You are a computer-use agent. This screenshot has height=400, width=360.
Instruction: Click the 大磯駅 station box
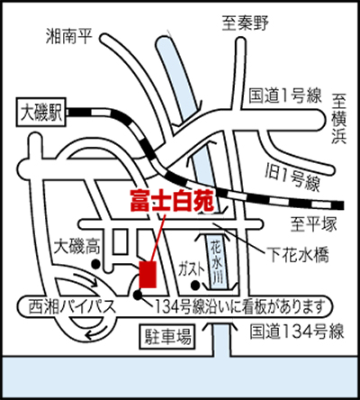pyautogui.click(x=41, y=113)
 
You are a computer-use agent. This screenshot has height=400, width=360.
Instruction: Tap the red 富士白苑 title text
pyautogui.click(x=172, y=201)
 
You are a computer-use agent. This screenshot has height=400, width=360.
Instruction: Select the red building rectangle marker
pyautogui.click(x=148, y=275)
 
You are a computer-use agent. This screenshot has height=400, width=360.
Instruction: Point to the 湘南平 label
pyautogui.click(x=69, y=36)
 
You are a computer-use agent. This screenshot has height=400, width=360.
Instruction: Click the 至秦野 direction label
pyautogui.click(x=246, y=23)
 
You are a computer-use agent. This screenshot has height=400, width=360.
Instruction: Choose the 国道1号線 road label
pyautogui.click(x=285, y=96)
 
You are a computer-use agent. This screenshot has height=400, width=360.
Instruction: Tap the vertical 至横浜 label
pyautogui.click(x=339, y=118)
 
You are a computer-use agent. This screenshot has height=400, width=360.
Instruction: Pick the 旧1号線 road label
pyautogui.click(x=292, y=177)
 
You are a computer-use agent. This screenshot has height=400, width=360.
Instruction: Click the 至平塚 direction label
pyautogui.click(x=314, y=224)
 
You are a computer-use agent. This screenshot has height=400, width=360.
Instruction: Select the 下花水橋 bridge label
pyautogui.click(x=300, y=254)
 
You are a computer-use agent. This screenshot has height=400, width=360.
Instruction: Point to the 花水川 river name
pyautogui.click(x=217, y=261)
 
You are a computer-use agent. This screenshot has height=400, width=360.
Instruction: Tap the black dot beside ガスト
pyautogui.click(x=195, y=286)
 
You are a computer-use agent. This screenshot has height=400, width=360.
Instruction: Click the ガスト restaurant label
pyautogui.click(x=191, y=268)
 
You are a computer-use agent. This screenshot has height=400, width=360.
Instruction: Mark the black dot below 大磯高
pyautogui.click(x=95, y=264)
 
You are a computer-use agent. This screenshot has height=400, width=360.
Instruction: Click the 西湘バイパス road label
pyautogui.click(x=72, y=307)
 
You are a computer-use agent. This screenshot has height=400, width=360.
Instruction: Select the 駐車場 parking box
pyautogui.click(x=168, y=336)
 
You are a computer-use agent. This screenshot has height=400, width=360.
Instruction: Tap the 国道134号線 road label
pyautogui.click(x=297, y=332)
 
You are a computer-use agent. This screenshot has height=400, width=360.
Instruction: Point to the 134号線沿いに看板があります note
pyautogui.click(x=240, y=307)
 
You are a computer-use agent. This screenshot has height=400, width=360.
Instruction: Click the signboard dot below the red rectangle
pyautogui.click(x=138, y=295)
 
